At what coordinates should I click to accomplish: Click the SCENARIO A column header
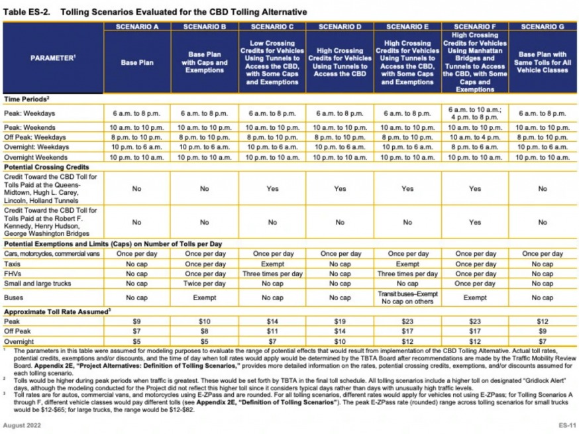pyautogui.click(x=137, y=27)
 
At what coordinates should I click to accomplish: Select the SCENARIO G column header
pyautogui.click(x=543, y=27)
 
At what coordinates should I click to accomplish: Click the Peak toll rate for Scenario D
pyautogui.click(x=340, y=321)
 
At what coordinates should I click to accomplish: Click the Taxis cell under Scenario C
pyautogui.click(x=272, y=264)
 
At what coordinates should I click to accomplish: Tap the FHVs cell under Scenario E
pyautogui.click(x=407, y=273)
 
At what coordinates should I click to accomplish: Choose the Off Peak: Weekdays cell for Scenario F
pyautogui.click(x=475, y=136)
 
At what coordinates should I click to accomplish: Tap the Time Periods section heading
pyautogui.click(x=28, y=98)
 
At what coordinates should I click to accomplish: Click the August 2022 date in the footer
pyautogui.click(x=21, y=423)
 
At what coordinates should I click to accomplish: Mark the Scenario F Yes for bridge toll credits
pyautogui.click(x=475, y=223)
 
